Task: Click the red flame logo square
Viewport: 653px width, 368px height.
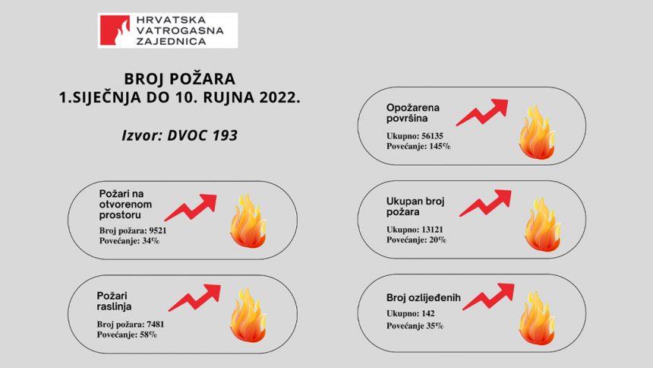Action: [115, 30]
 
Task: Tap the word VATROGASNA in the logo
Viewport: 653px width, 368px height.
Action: [180, 30]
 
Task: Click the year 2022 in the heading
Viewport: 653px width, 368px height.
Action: [279, 97]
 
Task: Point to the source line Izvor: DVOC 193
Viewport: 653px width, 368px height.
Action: [179, 135]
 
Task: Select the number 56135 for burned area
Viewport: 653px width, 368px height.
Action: [432, 136]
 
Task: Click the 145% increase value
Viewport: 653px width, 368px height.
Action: [440, 147]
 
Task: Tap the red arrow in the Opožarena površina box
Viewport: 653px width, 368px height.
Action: [482, 113]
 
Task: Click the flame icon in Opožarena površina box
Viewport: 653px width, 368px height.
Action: [537, 132]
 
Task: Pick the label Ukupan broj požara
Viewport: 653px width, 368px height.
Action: [415, 207]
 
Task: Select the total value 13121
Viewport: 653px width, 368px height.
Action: [432, 230]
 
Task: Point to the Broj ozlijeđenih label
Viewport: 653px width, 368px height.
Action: [424, 298]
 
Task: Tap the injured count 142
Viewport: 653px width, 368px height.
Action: [427, 313]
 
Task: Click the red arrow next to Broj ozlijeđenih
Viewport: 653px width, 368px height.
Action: [488, 297]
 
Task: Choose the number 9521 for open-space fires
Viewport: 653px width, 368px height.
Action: [158, 230]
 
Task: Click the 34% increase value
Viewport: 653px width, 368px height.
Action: [150, 241]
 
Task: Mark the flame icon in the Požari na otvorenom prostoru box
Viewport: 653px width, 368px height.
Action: [248, 220]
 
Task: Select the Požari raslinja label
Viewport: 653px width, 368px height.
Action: [114, 301]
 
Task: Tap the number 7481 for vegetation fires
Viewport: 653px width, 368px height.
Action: [156, 324]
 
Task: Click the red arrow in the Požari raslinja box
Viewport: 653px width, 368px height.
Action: [194, 298]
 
